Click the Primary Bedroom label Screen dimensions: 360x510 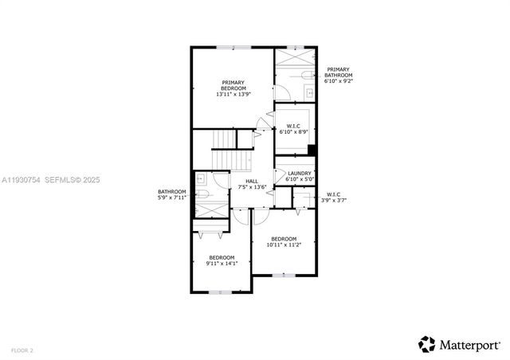click(233, 88)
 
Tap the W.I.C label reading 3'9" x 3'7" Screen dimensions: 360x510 click(333, 198)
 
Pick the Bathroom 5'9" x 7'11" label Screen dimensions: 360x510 click(172, 194)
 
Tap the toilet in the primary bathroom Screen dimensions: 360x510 click(308, 74)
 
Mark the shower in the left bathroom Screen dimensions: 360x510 click(211, 209)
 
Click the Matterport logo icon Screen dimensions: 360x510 click(427, 343)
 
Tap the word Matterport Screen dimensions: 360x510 click(469, 344)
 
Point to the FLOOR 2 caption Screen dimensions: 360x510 click(22, 350)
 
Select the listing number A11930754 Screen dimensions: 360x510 click(23, 180)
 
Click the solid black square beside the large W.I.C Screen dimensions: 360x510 click(312, 149)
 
